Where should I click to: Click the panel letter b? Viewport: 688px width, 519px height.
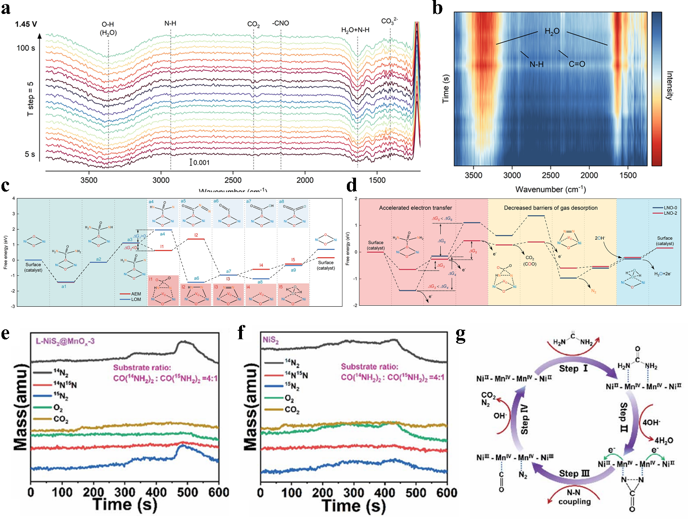437,8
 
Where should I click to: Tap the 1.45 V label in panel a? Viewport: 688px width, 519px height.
25,24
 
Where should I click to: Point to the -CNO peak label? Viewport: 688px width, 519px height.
280,23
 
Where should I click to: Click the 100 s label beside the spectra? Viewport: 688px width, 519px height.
26,48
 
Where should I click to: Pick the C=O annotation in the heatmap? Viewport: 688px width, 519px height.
577,64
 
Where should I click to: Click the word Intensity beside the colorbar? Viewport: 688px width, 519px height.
669,85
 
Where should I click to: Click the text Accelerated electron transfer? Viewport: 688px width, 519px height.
415,208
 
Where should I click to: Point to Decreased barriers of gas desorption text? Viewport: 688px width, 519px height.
550,208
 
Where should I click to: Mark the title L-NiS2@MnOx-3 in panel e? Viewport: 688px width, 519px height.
65,341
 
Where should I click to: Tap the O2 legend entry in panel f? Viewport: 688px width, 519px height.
289,399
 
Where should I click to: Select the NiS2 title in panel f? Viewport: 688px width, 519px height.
270,340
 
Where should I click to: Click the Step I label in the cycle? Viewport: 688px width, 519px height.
573,368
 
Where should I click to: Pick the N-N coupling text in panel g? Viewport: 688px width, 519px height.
574,497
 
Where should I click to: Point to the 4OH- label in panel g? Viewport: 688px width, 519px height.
651,422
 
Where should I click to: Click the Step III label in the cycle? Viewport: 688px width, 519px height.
574,473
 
